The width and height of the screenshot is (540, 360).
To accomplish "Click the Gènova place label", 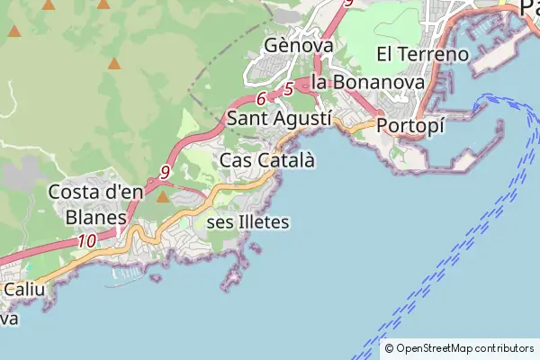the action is [x=300, y=45].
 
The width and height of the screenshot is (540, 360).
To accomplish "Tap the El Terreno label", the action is [x=423, y=54].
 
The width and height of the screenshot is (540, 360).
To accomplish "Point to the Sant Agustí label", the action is [x=280, y=118].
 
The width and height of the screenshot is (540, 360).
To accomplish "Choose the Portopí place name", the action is [x=411, y=126].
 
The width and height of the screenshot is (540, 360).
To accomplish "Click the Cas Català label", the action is [x=268, y=160].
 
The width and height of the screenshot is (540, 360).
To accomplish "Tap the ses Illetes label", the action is [x=248, y=221].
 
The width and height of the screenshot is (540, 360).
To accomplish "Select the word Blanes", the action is [x=96, y=216].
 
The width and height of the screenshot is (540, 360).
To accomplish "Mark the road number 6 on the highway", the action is [x=261, y=99].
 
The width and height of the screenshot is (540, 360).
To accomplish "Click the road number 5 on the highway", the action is [x=288, y=89].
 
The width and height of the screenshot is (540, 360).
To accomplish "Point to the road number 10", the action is [x=87, y=240].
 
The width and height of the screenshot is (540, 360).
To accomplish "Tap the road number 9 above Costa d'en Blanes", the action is [x=165, y=171].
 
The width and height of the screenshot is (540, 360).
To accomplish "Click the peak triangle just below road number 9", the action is [x=163, y=196].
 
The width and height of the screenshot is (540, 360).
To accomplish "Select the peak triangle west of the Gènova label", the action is [x=114, y=64].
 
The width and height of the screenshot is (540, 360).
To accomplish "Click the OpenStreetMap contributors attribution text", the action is [x=464, y=348].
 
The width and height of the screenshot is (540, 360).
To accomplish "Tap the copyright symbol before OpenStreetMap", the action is [x=389, y=348].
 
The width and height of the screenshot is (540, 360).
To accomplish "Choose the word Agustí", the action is [x=306, y=118].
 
